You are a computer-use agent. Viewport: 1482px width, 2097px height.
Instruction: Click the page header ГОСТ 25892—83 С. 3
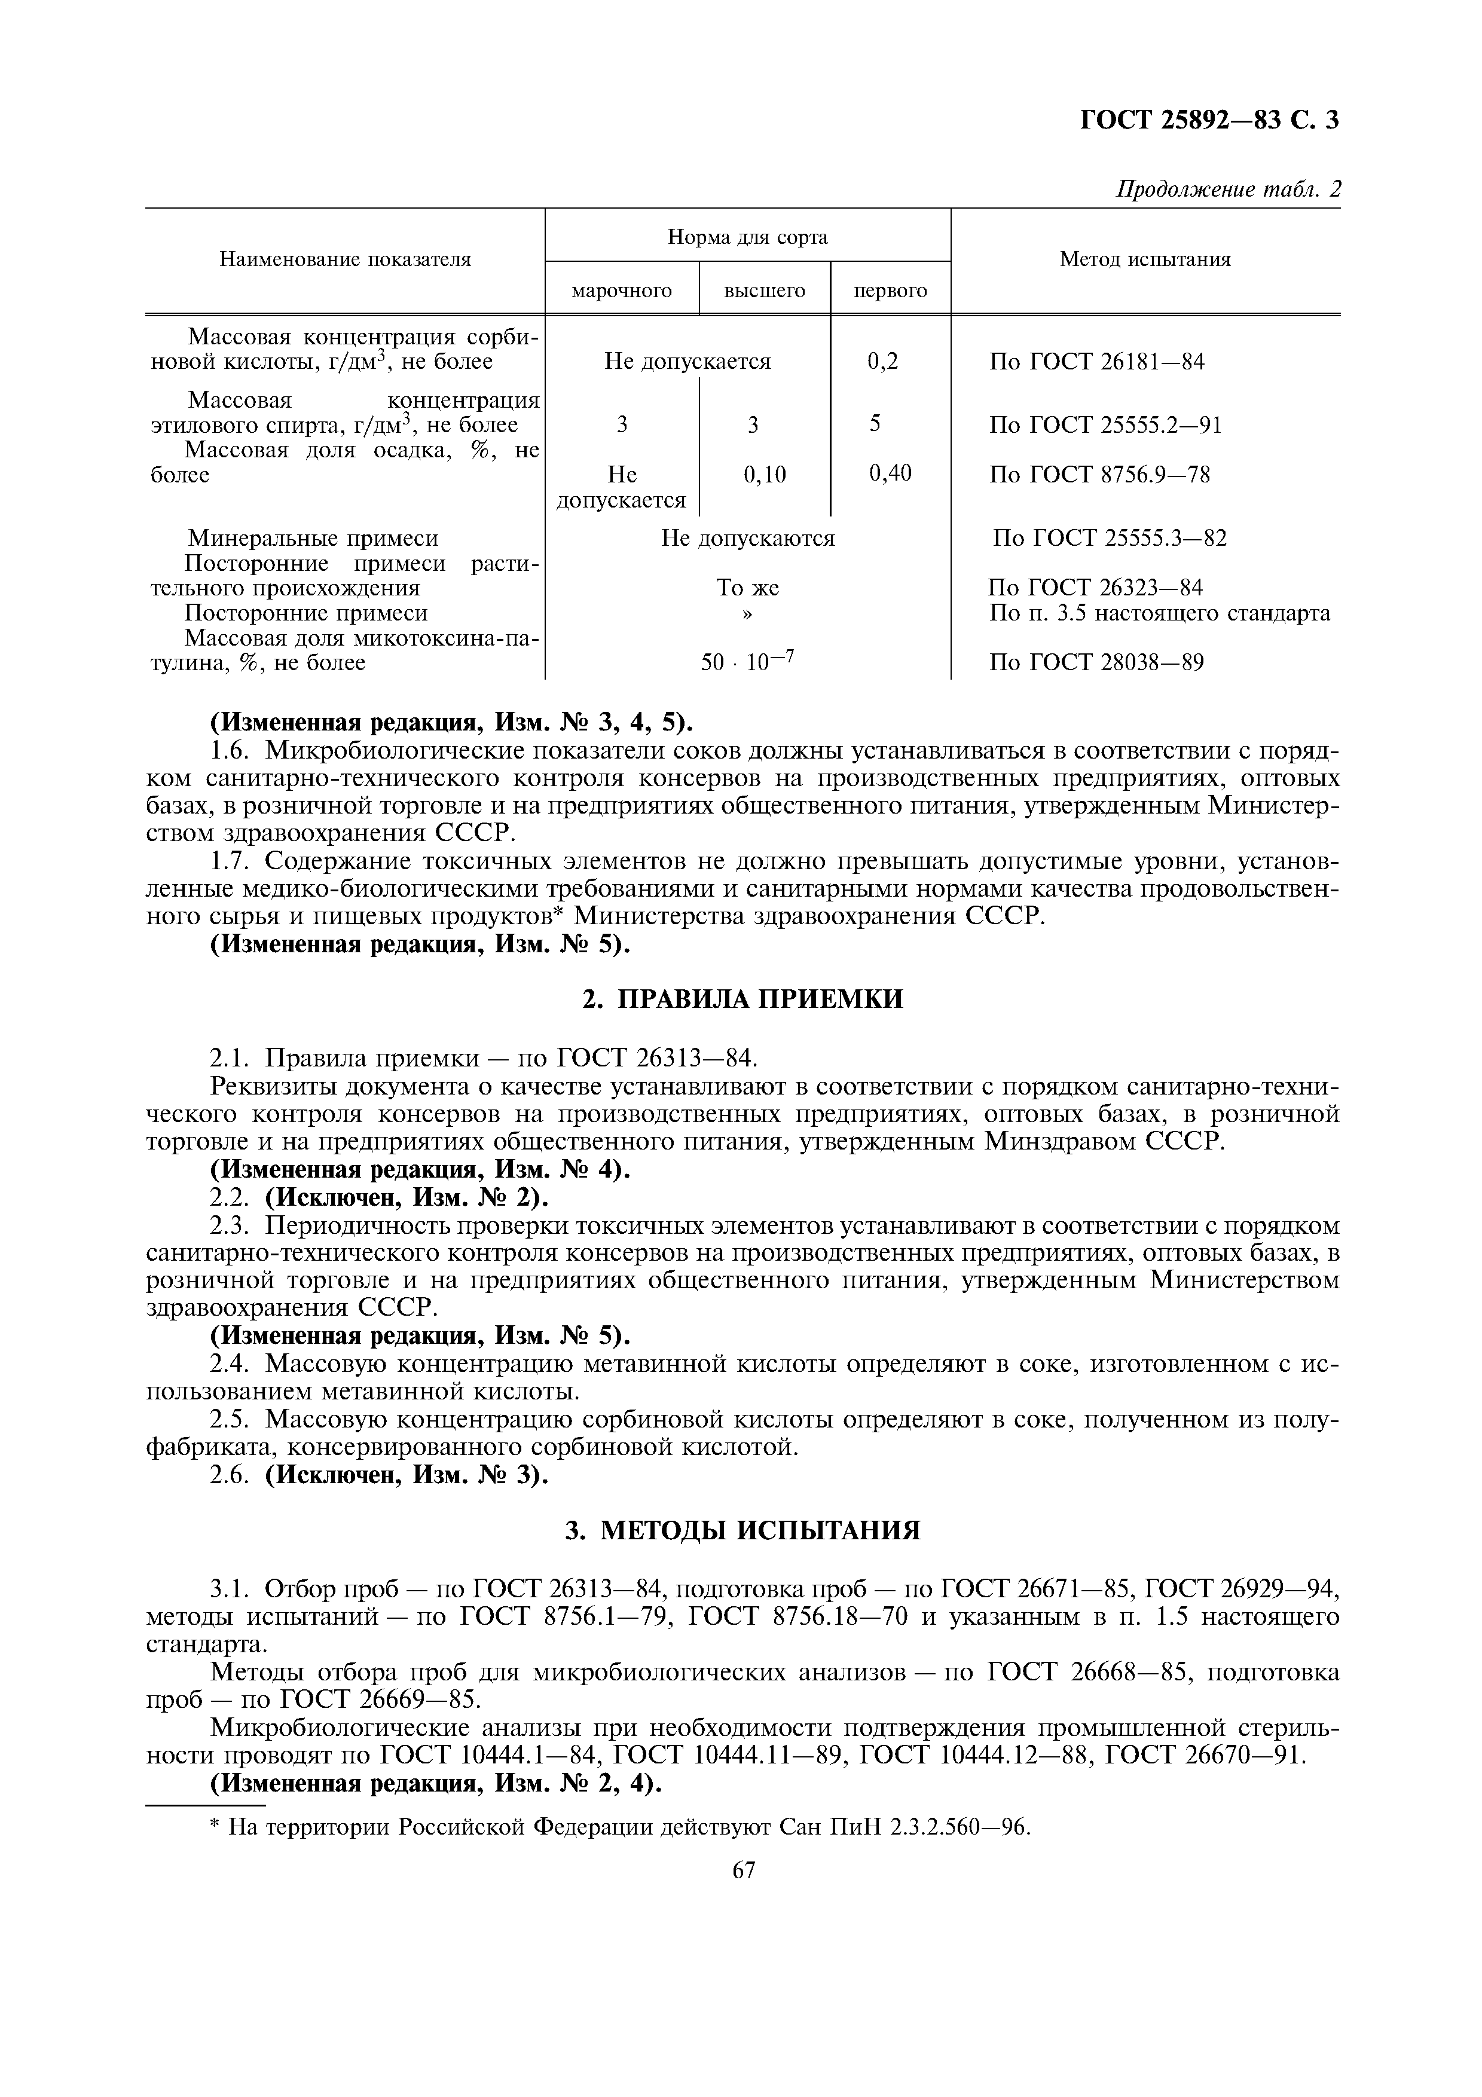click(x=1209, y=120)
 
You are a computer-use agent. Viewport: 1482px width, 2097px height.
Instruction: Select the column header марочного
click(x=621, y=291)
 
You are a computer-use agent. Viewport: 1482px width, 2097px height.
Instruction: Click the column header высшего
click(x=764, y=291)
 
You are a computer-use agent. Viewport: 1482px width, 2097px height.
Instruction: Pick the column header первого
click(x=890, y=291)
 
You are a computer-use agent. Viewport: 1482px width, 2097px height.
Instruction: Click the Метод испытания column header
click(x=1144, y=259)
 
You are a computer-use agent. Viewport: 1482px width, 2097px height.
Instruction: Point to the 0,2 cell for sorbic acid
click(x=882, y=362)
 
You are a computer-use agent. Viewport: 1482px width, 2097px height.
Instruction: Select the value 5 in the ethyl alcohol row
click(x=875, y=424)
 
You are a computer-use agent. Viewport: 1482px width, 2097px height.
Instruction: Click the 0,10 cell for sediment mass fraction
click(x=764, y=474)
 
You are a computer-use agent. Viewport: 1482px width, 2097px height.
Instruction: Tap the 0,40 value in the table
click(x=890, y=472)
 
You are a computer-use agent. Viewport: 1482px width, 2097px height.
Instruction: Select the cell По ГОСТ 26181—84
click(x=1096, y=362)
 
